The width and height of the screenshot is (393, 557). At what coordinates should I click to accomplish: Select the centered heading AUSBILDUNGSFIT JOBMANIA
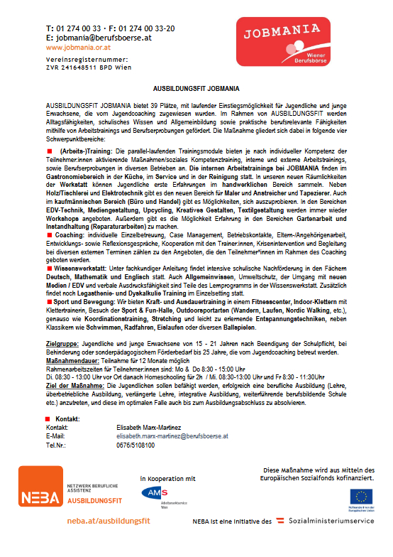tap(196, 87)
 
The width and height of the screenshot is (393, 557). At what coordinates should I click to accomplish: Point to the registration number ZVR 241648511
tap(71, 68)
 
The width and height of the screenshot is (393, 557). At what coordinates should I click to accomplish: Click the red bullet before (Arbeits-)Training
tap(50, 152)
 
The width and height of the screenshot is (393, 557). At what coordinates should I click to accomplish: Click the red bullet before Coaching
tap(50, 234)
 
